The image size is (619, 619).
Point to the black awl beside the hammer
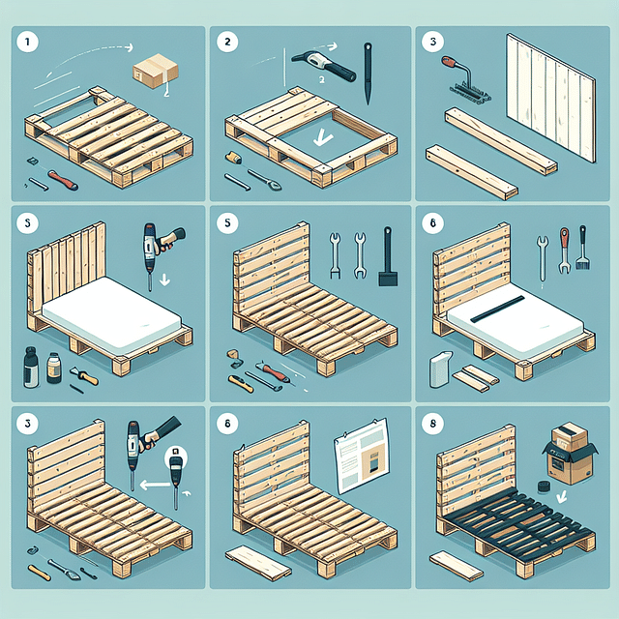(x=368, y=73)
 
